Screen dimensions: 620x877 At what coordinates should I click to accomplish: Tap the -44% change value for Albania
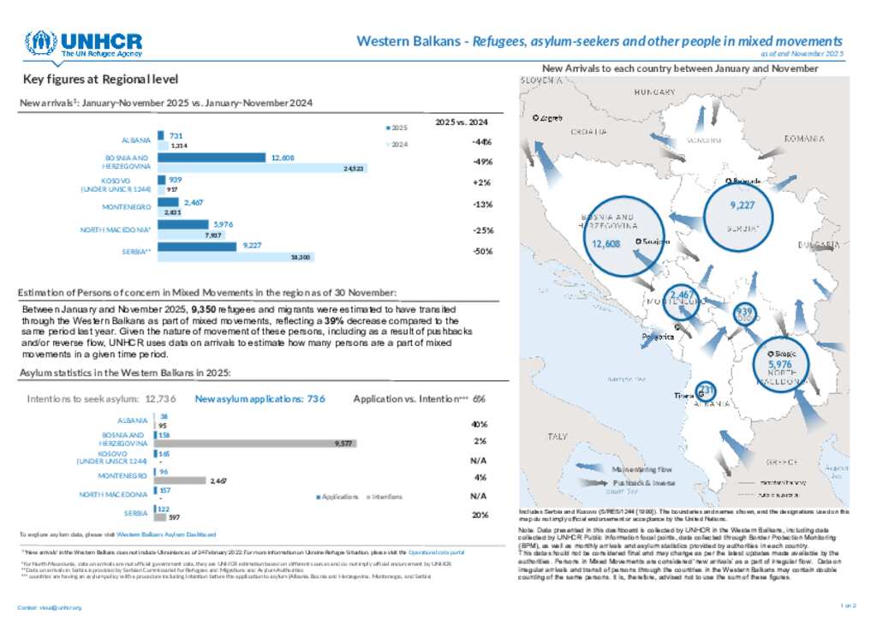pyautogui.click(x=481, y=141)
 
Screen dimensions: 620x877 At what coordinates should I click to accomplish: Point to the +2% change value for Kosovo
pyautogui.click(x=480, y=183)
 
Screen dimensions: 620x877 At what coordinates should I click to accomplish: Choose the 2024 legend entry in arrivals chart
pyautogui.click(x=398, y=143)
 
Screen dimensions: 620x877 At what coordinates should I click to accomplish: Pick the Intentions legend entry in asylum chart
pyautogui.click(x=385, y=496)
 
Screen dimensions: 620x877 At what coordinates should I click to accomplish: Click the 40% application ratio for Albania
pyautogui.click(x=480, y=424)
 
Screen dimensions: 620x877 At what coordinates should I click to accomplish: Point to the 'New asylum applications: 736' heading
pyautogui.click(x=260, y=398)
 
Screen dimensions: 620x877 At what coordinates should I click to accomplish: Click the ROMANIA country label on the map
pyautogui.click(x=802, y=138)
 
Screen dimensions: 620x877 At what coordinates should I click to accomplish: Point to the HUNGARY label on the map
pyautogui.click(x=655, y=92)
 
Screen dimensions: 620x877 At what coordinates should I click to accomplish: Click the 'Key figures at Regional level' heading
pyautogui.click(x=101, y=80)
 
